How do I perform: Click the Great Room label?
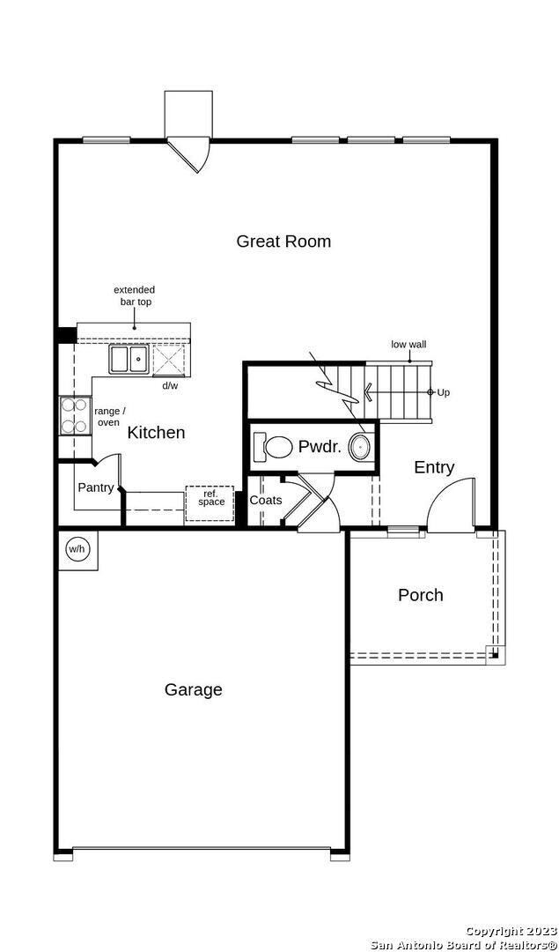283,241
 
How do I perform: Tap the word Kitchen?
156,433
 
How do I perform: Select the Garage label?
194,690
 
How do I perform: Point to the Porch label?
420,595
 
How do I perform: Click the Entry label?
434,467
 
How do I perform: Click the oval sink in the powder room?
359,448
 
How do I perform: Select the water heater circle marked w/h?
77,549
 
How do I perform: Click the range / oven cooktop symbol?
75,416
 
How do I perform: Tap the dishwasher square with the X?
168,360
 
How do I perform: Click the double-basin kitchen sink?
129,359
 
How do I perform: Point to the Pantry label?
96,487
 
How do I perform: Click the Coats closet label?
266,501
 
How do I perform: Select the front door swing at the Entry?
451,505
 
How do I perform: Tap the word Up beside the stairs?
443,393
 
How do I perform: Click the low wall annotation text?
408,345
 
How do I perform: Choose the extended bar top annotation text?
134,295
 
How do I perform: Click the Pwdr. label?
320,448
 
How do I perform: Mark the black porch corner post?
496,655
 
